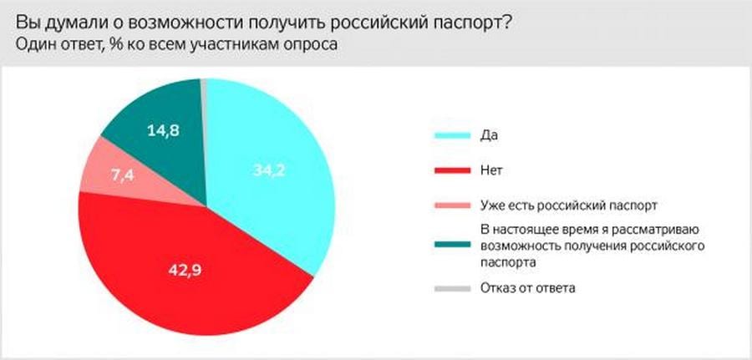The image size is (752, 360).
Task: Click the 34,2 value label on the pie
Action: [x=268, y=170]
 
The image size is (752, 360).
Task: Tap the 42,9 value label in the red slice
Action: [x=185, y=271]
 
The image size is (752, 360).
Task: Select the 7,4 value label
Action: [x=123, y=175]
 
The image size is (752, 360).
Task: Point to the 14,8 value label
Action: [x=163, y=130]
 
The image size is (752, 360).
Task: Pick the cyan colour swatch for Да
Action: [x=452, y=135]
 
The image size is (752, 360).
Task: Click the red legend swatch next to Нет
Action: [x=452, y=170]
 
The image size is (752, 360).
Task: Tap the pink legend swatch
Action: [x=452, y=205]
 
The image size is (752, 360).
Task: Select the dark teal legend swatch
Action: [x=452, y=245]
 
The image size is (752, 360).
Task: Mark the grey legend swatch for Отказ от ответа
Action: [x=452, y=288]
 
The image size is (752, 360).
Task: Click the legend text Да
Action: [x=489, y=135]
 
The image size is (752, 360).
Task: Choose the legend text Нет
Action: [x=491, y=170]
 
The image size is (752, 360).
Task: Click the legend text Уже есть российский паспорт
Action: [x=568, y=205]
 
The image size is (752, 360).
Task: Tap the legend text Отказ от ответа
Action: [x=527, y=288]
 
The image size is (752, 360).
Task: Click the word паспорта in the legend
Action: [x=508, y=263]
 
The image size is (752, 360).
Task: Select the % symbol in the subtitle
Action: [x=117, y=44]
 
